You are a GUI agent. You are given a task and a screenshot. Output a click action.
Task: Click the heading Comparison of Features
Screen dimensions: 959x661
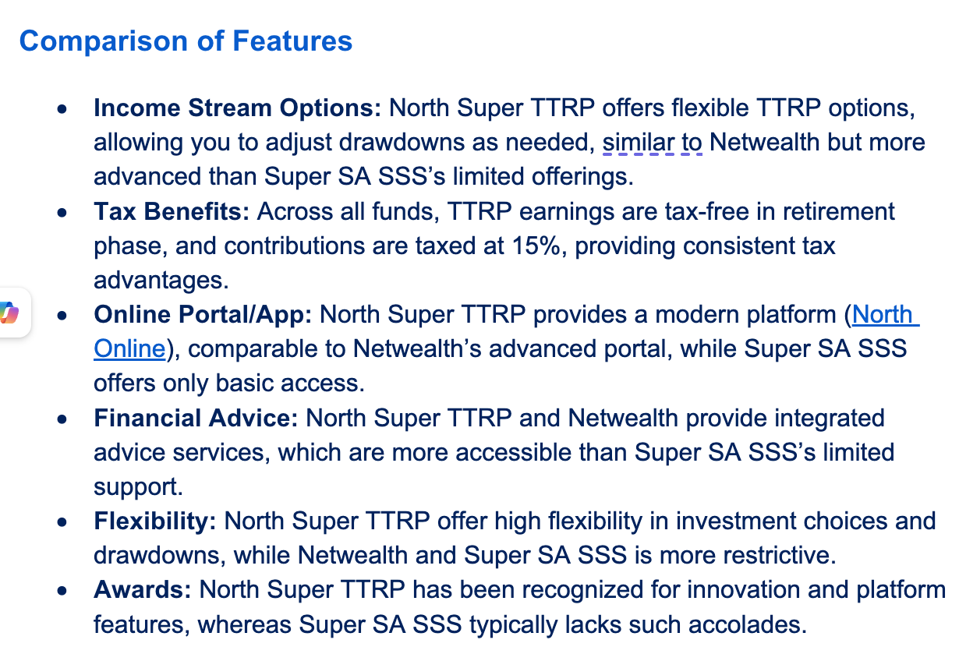click(x=186, y=41)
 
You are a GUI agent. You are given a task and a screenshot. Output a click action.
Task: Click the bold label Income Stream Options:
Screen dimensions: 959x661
click(x=237, y=108)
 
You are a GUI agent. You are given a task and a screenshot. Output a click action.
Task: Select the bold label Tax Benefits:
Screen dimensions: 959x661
click(x=172, y=211)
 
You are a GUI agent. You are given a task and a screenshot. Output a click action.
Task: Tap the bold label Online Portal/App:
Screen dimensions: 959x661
click(x=203, y=314)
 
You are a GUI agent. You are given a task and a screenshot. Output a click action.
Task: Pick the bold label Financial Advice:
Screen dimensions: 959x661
click(x=196, y=418)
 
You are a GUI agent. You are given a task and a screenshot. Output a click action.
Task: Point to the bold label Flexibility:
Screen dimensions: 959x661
click(x=155, y=521)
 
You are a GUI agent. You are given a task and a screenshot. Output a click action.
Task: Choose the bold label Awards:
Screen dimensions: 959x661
click(x=142, y=590)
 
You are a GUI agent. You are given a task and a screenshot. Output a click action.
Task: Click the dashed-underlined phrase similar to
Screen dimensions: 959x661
click(x=652, y=143)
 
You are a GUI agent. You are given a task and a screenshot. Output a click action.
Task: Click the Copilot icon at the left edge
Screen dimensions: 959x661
click(x=9, y=313)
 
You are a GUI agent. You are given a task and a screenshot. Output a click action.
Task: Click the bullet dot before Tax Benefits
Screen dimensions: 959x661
click(x=62, y=212)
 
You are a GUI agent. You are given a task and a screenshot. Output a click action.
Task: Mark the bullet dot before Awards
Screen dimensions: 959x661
click(x=62, y=591)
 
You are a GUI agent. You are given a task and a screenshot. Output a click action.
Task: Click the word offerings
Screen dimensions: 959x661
click(x=582, y=177)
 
